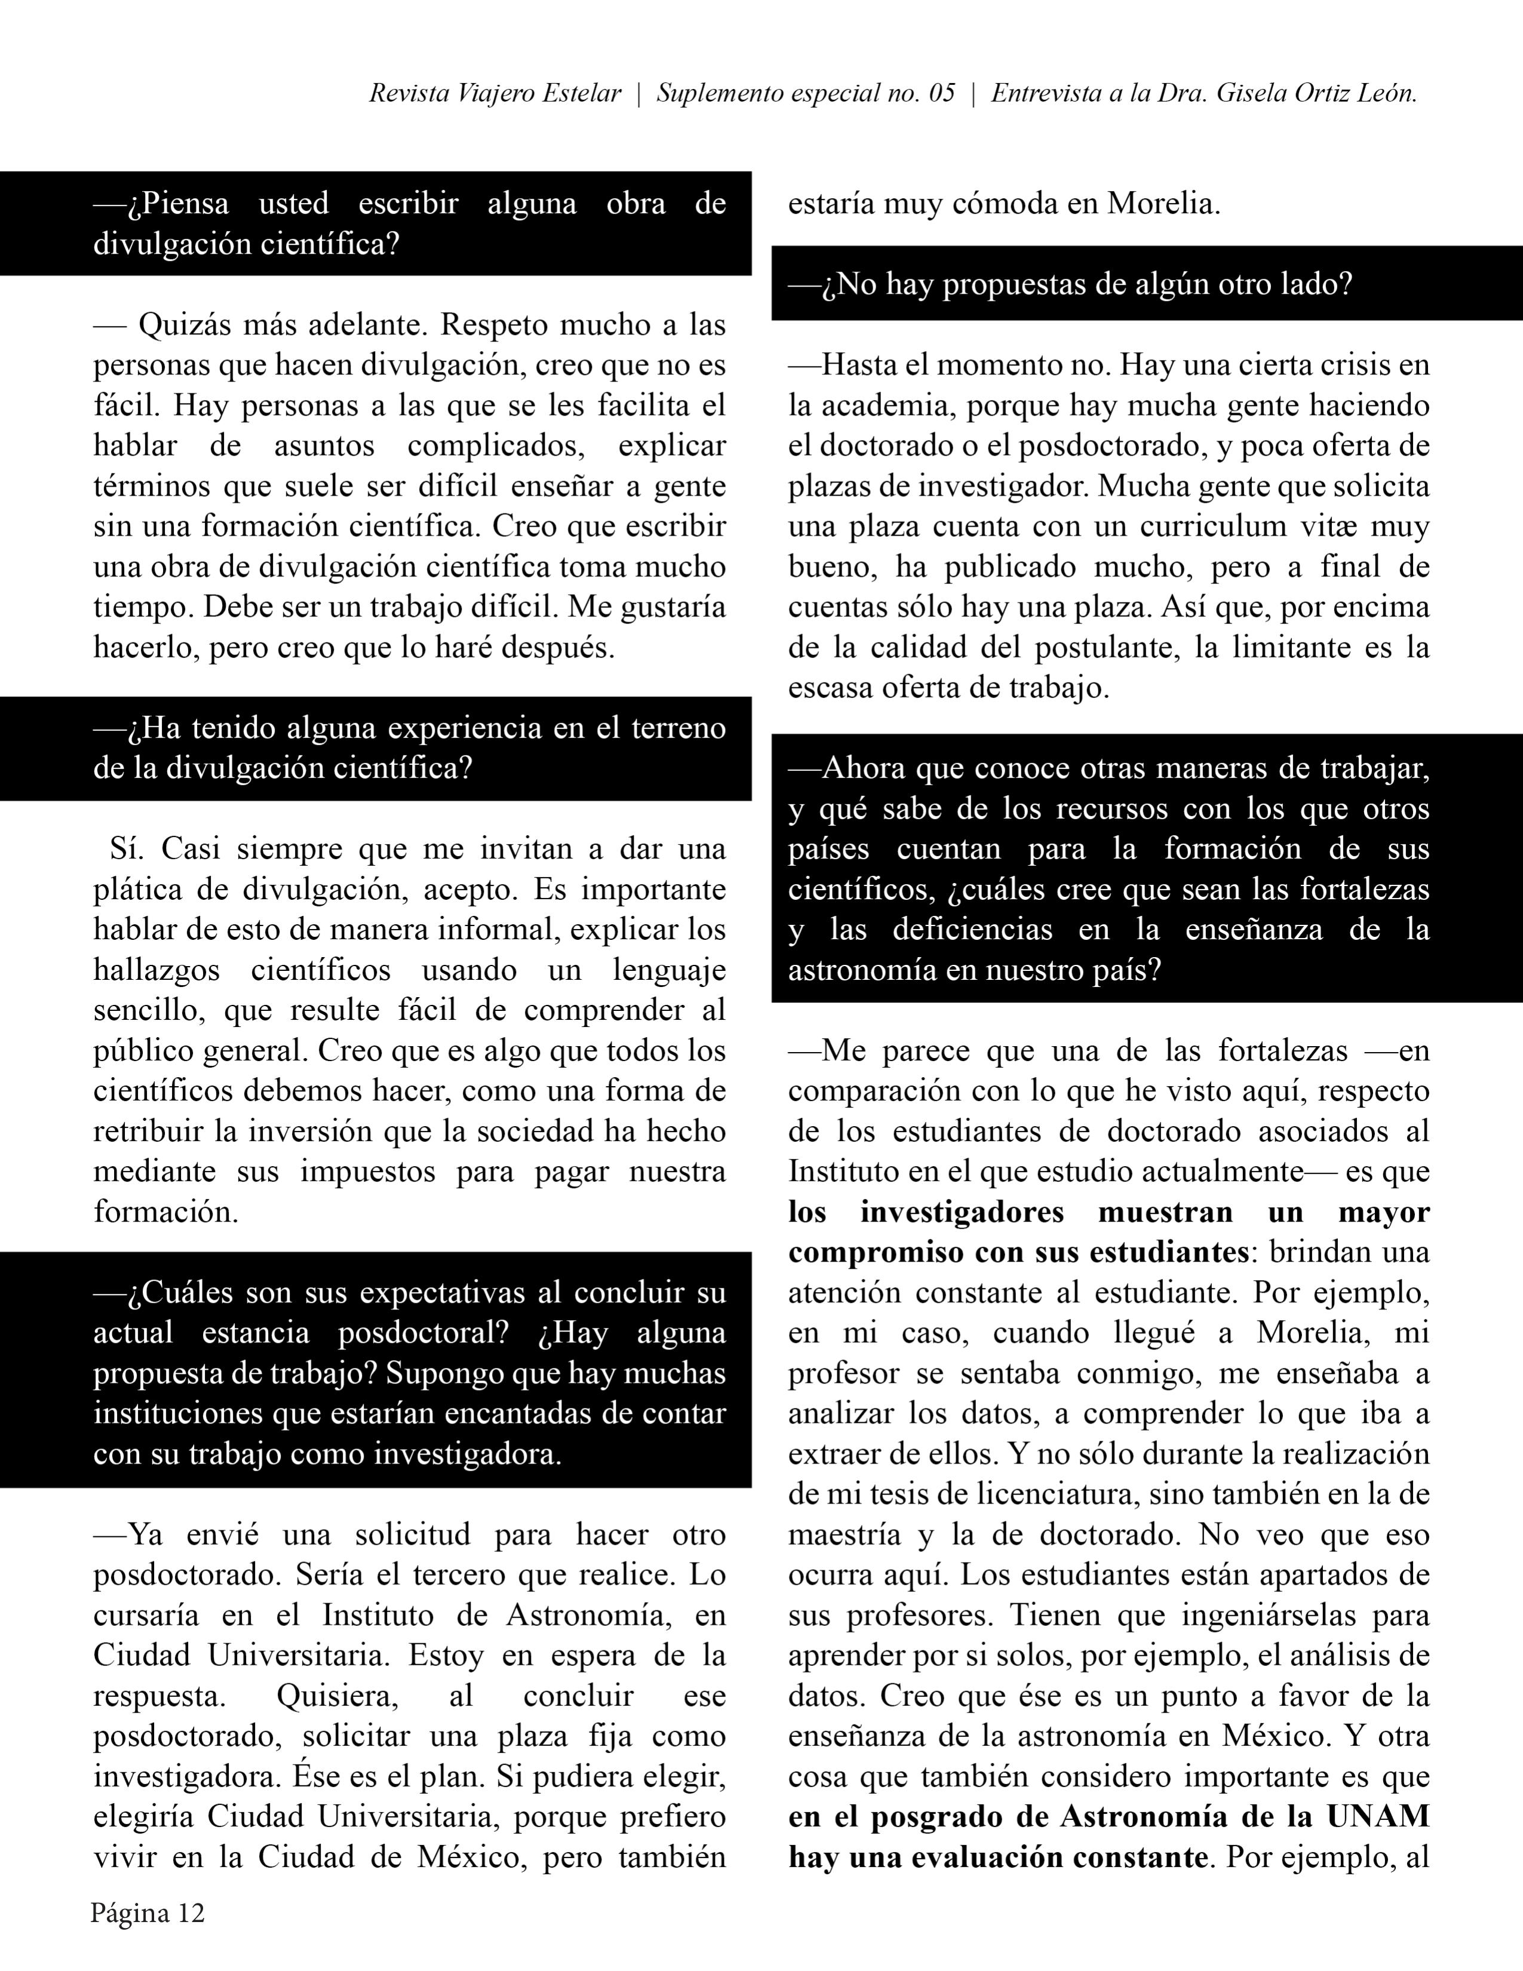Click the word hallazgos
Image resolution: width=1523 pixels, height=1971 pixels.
point(156,970)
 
